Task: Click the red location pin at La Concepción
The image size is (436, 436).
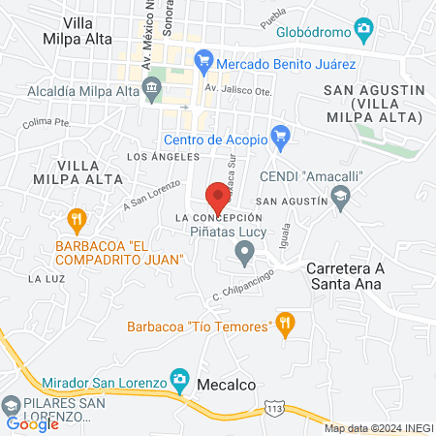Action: (x=218, y=196)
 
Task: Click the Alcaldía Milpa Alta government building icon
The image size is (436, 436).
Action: (x=152, y=90)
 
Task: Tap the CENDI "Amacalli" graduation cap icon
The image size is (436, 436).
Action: (x=340, y=198)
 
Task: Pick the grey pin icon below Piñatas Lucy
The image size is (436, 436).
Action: (x=245, y=255)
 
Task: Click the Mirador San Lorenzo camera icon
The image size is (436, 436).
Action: (x=178, y=378)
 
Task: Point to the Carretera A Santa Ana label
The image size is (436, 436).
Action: (x=343, y=276)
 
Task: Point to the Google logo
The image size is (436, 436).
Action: (x=33, y=424)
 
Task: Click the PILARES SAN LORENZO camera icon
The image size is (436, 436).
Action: (x=11, y=403)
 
